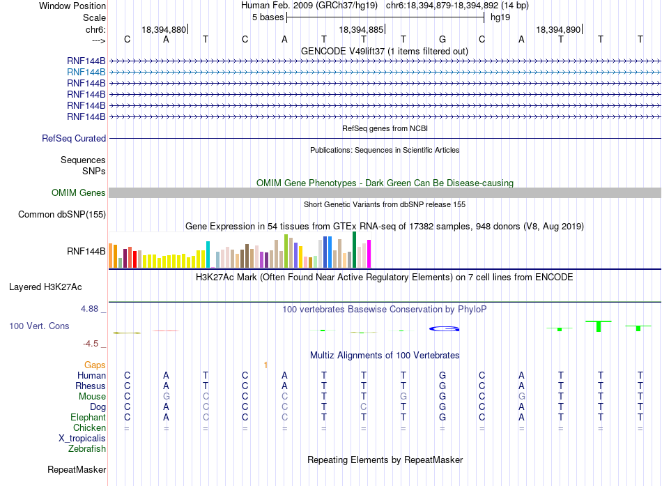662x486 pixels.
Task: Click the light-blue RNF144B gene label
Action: click(86, 73)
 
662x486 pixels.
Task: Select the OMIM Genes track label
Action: click(79, 192)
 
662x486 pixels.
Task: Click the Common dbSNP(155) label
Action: click(62, 214)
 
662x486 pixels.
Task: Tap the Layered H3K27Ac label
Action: click(45, 287)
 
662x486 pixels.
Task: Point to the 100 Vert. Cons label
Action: click(39, 326)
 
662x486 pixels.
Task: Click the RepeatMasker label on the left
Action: click(77, 469)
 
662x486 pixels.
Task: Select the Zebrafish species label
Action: click(87, 448)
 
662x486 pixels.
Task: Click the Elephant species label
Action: click(88, 417)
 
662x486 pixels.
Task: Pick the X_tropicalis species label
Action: click(82, 439)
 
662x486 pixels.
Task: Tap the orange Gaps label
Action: click(95, 365)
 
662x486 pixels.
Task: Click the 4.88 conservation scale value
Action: click(89, 309)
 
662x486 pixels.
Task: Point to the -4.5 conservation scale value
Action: click(91, 344)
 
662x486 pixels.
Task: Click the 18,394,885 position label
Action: click(361, 29)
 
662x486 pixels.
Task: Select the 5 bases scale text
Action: click(268, 17)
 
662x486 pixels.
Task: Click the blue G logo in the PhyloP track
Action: click(444, 329)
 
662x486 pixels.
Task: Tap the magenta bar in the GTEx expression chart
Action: click(369, 254)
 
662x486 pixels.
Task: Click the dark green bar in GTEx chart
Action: click(355, 250)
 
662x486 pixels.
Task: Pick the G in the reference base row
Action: click(442, 39)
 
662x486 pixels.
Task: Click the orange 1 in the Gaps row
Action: click(265, 365)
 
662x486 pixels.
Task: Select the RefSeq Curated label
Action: click(74, 138)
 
